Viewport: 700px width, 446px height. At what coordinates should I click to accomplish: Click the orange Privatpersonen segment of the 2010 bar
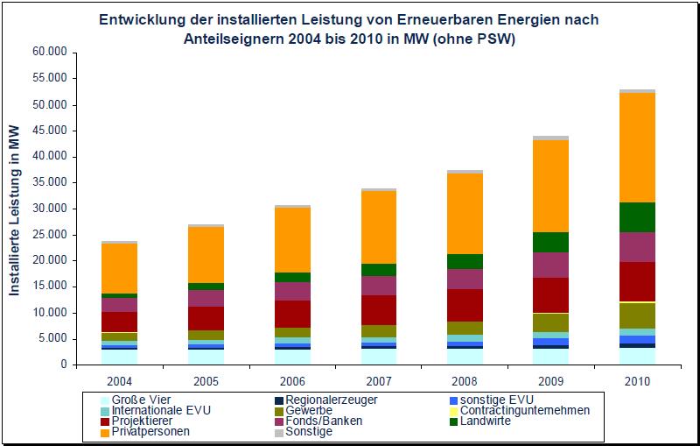(x=626, y=147)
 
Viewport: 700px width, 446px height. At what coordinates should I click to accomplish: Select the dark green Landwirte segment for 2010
(x=626, y=217)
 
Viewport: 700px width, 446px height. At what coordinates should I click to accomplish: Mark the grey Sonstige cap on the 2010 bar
(x=626, y=90)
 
